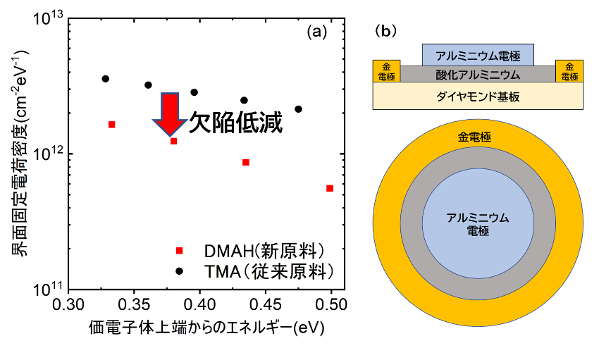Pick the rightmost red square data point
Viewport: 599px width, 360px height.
(330, 188)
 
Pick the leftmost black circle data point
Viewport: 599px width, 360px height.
(106, 79)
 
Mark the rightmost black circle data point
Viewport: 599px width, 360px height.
(298, 109)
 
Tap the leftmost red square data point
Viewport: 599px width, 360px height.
(111, 125)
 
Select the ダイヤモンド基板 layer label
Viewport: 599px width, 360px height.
(477, 97)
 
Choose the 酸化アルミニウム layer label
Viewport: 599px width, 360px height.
(478, 73)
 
